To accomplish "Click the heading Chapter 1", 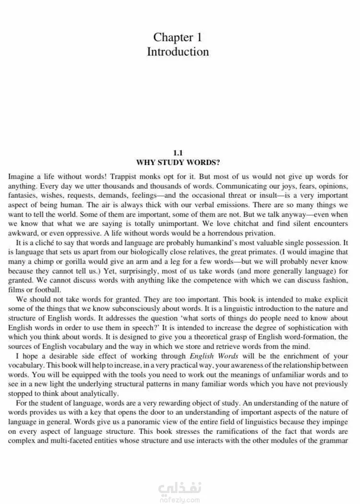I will coord(178,37).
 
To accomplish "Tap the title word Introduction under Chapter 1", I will coord(178,52).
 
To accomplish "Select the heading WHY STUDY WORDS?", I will coord(178,162).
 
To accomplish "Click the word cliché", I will coord(51,242).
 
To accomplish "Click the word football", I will coord(45,289).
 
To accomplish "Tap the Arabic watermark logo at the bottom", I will coord(180,490).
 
